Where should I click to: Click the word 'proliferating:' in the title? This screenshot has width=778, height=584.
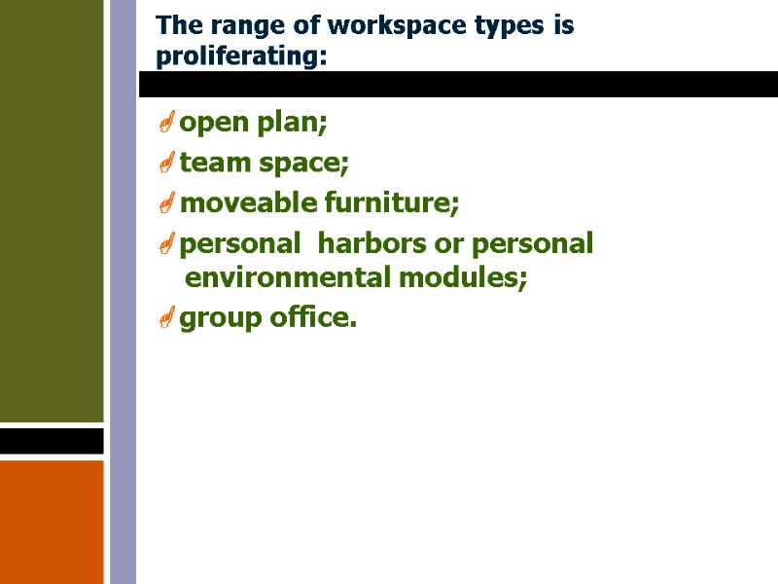click(x=241, y=57)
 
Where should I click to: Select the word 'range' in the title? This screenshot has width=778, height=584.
click(x=244, y=26)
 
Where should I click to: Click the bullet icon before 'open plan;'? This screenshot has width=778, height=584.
click(x=166, y=124)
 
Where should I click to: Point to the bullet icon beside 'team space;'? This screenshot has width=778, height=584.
click(x=166, y=164)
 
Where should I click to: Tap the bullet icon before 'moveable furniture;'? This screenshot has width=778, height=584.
click(x=166, y=203)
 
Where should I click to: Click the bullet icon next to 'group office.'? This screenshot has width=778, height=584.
click(x=166, y=317)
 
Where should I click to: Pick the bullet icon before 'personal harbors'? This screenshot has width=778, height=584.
click(x=166, y=243)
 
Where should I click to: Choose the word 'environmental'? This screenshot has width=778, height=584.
click(x=288, y=279)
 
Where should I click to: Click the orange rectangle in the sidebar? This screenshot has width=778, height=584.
click(x=52, y=521)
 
